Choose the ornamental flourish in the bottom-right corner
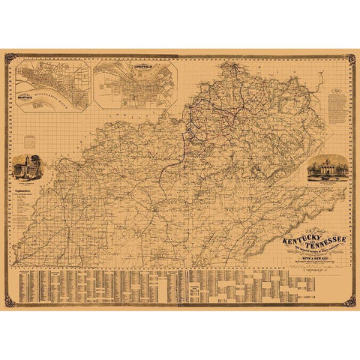(x=348, y=301)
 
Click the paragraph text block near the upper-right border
(x=337, y=105)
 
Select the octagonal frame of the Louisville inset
(x=136, y=85)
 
